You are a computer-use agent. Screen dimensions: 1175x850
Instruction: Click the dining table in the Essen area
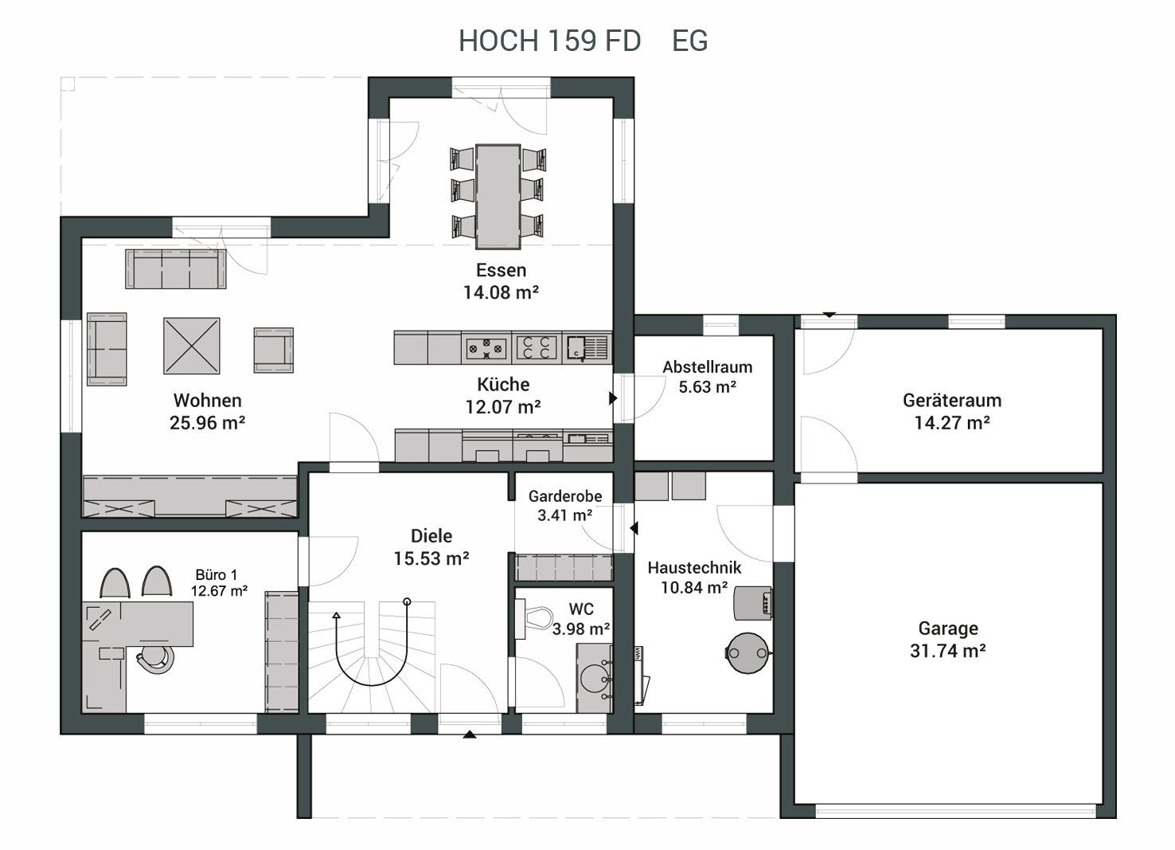click(x=498, y=196)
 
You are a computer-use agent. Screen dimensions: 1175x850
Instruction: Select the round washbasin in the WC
click(x=595, y=678)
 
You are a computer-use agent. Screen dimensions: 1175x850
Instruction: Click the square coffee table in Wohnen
click(x=192, y=346)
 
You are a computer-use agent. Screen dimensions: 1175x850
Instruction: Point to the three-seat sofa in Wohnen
click(x=176, y=268)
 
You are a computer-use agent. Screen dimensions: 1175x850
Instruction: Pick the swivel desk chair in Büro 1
click(x=156, y=659)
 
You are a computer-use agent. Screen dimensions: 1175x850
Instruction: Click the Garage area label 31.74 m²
click(x=948, y=651)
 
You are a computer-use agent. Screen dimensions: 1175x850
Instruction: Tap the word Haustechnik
click(x=694, y=567)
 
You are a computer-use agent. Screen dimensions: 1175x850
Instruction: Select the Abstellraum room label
click(x=707, y=367)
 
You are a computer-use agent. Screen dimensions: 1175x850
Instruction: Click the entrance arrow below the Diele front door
click(x=470, y=734)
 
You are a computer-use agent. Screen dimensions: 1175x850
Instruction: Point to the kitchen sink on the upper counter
click(x=587, y=347)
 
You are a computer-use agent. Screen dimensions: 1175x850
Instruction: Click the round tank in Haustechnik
click(x=748, y=653)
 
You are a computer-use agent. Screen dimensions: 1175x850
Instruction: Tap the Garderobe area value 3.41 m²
click(x=565, y=515)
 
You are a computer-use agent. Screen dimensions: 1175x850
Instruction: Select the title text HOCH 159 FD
click(x=550, y=41)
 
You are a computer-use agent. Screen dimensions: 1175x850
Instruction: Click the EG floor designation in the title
click(x=689, y=41)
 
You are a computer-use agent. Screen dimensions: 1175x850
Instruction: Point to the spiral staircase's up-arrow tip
click(x=336, y=615)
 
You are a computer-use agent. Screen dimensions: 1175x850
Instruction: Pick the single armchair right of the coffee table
click(x=273, y=351)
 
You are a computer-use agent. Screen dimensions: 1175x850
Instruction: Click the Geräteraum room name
click(x=952, y=401)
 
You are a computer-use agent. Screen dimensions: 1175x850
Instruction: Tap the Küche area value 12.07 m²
click(x=503, y=407)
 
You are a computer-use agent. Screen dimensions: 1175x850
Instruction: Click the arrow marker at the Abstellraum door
click(x=613, y=398)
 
